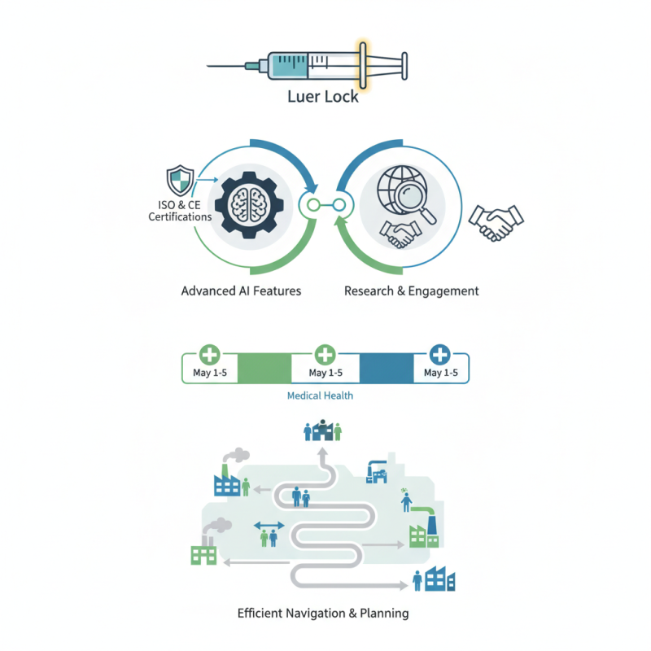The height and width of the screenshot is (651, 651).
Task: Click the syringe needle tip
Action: pos(210,65)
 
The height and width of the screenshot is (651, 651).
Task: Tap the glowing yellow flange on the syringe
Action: pos(361,63)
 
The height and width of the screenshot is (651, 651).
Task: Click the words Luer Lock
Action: pos(323,97)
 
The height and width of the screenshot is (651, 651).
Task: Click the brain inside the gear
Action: pos(245,203)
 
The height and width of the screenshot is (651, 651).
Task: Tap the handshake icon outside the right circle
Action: pos(496,220)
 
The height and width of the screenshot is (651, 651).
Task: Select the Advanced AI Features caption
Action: pos(241,291)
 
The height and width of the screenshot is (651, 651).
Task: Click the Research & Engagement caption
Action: pos(412,291)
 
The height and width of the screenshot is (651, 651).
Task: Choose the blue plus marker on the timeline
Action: pos(439,355)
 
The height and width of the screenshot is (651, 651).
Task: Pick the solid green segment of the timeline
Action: pos(264,367)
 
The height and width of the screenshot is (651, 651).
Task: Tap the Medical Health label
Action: pos(321,396)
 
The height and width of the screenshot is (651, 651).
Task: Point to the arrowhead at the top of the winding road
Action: pos(324,450)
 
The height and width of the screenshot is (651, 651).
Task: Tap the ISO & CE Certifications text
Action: pos(180,211)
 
